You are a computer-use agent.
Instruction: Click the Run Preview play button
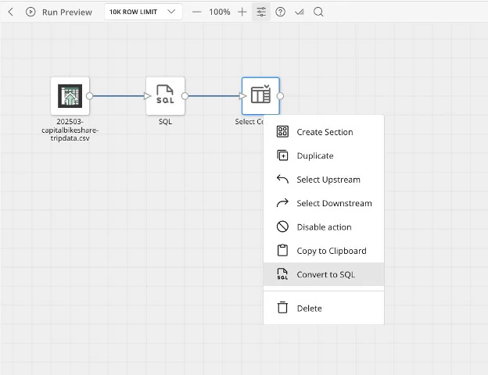click(30, 12)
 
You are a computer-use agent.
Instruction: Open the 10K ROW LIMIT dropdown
click(143, 12)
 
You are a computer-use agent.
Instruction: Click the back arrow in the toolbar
click(11, 12)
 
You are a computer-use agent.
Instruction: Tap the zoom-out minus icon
click(197, 12)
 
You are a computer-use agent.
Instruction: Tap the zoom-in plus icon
click(242, 12)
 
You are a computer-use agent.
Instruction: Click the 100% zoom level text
click(220, 12)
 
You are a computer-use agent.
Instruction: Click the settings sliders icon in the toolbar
click(261, 12)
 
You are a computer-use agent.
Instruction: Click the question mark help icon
click(280, 12)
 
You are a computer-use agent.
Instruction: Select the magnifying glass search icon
click(318, 12)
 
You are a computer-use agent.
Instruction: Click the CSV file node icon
click(70, 96)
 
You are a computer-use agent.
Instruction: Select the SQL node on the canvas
click(165, 96)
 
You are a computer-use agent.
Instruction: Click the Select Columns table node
click(260, 96)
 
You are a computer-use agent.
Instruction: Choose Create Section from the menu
click(324, 132)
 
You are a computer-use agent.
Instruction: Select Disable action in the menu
click(324, 227)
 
